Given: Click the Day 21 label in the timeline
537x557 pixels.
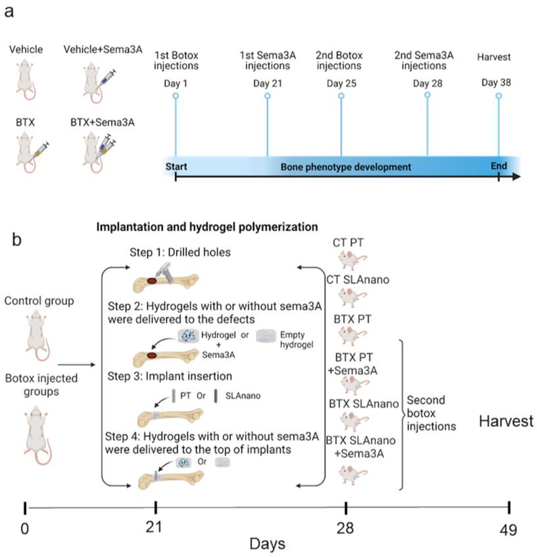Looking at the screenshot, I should (x=267, y=84).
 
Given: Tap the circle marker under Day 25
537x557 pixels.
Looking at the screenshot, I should (x=341, y=96).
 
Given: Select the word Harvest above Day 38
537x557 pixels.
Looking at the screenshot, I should (x=494, y=57).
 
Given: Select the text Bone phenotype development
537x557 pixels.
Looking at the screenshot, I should (x=345, y=167).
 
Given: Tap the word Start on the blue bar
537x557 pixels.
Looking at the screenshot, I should (x=176, y=167).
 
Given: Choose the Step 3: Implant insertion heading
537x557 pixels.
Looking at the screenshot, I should (x=170, y=376).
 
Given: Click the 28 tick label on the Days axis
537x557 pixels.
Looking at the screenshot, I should (x=345, y=528).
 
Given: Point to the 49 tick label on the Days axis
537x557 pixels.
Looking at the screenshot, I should (x=508, y=530).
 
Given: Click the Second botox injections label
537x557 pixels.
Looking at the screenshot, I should (x=431, y=413).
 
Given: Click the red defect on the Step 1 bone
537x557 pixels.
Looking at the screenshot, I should (x=152, y=281).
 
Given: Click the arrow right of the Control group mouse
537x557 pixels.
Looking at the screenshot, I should (x=76, y=365).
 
